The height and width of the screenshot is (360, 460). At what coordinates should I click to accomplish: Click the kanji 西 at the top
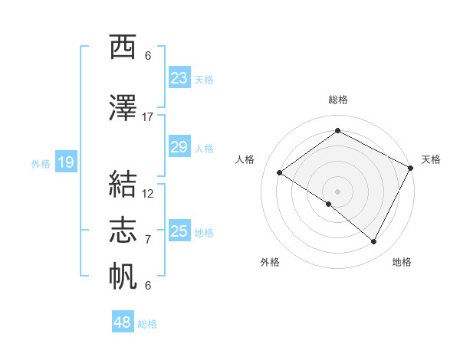[x=123, y=47]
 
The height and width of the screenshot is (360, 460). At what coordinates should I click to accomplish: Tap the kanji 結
[x=123, y=185]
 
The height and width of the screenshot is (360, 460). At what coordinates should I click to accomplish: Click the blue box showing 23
[x=179, y=78]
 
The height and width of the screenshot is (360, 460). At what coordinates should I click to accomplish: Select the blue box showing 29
[x=179, y=147]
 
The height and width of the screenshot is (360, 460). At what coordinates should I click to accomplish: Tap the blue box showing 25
[x=179, y=231]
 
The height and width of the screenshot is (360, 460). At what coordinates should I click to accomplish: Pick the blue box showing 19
[x=66, y=162]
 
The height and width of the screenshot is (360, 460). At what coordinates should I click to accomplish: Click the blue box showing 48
[x=123, y=322]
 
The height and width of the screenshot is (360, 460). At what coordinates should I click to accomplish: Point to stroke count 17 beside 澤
[x=148, y=117]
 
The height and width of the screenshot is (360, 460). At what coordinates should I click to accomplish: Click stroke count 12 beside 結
[x=148, y=194]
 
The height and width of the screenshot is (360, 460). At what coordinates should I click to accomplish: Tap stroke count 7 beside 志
[x=148, y=240]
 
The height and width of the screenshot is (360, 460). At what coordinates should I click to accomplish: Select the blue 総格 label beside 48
[x=148, y=324]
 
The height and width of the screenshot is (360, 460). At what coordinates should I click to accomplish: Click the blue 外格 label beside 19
[x=41, y=163]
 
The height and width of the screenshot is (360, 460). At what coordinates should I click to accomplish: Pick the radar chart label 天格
[x=431, y=159]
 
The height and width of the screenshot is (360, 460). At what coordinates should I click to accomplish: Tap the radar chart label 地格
[x=402, y=262]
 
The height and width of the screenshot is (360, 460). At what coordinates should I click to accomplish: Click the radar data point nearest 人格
[x=280, y=173]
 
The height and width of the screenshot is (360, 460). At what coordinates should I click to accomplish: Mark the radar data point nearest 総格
[x=337, y=131]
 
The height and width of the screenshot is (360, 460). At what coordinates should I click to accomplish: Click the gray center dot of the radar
[x=337, y=190]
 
